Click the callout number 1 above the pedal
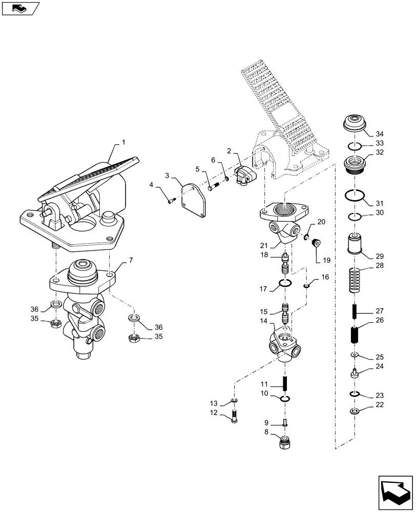click(122, 141)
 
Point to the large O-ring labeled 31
click(354, 196)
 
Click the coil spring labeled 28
click(354, 280)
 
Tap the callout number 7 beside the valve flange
click(130, 261)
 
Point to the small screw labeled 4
click(173, 200)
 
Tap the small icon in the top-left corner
click(19, 8)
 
